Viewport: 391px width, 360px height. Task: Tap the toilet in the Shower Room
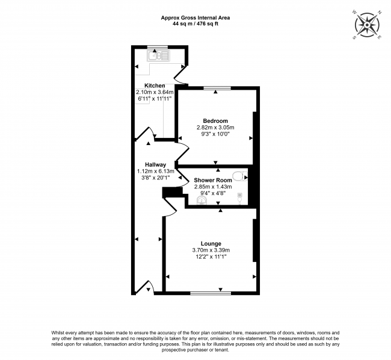coord(240,176)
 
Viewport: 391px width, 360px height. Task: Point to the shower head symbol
coord(240,196)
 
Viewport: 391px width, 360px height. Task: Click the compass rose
coord(366,25)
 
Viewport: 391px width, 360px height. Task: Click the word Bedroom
coord(215,121)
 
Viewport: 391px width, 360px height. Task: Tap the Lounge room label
coord(211,243)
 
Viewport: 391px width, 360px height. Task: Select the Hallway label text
coord(155,164)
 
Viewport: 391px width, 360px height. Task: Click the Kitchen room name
coord(154,85)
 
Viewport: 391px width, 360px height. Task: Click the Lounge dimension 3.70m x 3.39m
coord(211,250)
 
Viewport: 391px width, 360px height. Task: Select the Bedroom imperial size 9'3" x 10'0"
coord(215,134)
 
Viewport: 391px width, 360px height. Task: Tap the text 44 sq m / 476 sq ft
coord(195,25)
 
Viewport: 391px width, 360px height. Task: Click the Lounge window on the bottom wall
coord(210,293)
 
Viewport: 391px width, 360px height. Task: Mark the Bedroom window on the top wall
coord(216,88)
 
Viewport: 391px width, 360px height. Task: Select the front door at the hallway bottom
coord(146,288)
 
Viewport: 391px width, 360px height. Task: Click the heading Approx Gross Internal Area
coord(195,17)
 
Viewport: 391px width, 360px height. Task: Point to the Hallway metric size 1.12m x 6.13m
coord(155,171)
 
